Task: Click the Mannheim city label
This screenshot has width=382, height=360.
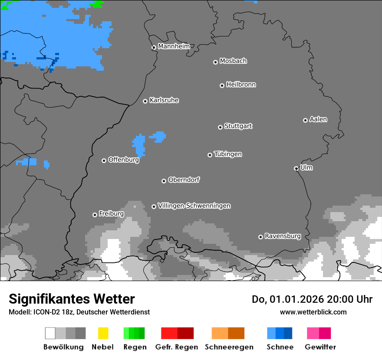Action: pyautogui.click(x=174, y=46)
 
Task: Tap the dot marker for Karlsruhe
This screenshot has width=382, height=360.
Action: pyautogui.click(x=145, y=101)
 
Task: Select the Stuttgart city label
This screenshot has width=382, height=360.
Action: pyautogui.click(x=238, y=126)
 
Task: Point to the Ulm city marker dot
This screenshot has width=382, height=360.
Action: pyautogui.click(x=296, y=168)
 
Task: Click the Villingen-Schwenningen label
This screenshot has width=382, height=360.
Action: pyautogui.click(x=194, y=206)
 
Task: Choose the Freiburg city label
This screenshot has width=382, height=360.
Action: pyautogui.click(x=111, y=214)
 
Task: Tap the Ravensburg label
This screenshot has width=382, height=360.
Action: pyautogui.click(x=283, y=236)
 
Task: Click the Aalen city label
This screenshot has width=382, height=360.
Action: pyautogui.click(x=318, y=119)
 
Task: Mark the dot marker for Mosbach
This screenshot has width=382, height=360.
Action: pyautogui.click(x=215, y=62)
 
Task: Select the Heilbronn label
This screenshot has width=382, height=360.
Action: pyautogui.click(x=241, y=85)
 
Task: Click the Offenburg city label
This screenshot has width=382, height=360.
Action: pyautogui.click(x=123, y=160)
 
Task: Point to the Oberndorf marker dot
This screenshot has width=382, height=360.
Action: pyautogui.click(x=164, y=181)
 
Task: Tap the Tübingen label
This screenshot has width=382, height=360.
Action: pyautogui.click(x=228, y=154)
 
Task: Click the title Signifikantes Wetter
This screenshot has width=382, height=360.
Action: pyautogui.click(x=72, y=299)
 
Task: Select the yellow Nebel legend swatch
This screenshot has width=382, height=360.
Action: pyautogui.click(x=103, y=333)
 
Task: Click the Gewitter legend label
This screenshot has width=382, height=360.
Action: pyautogui.click(x=320, y=347)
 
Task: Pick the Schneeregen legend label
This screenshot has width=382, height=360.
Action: pyautogui.click(x=229, y=347)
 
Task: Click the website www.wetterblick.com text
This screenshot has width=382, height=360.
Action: pyautogui.click(x=313, y=312)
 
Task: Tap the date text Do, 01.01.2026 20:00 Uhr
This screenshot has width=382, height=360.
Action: pyautogui.click(x=312, y=299)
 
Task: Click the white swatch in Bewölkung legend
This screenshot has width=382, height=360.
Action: pyautogui.click(x=50, y=333)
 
